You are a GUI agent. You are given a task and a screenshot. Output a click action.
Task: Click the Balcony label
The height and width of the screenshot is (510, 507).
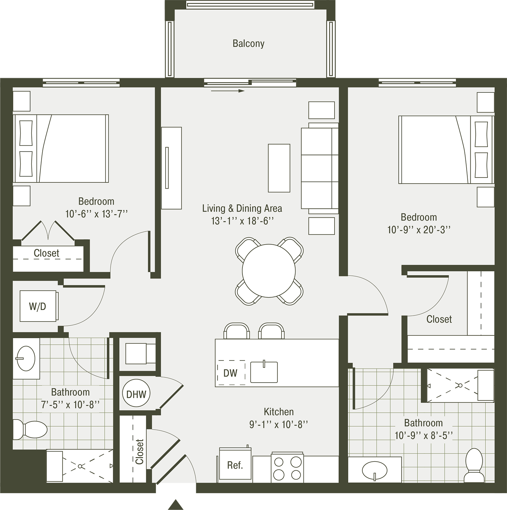point(248,43)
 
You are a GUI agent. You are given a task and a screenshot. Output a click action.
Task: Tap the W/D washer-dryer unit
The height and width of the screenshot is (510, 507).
point(39,306)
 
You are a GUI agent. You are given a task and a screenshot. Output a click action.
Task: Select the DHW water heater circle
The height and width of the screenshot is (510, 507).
point(136,394)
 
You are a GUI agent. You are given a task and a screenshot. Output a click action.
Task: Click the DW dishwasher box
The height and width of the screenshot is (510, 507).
point(231,373)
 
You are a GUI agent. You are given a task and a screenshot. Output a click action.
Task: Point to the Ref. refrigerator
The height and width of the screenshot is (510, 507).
point(235,465)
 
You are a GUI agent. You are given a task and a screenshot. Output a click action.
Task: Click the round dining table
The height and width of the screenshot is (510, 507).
point(268,270)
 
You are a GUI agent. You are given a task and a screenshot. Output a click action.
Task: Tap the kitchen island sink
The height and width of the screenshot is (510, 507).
point(264,372)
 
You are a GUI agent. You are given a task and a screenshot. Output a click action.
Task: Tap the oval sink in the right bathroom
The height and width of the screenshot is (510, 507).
point(374,470)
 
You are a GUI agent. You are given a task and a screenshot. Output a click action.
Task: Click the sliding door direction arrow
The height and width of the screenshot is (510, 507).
point(228,91)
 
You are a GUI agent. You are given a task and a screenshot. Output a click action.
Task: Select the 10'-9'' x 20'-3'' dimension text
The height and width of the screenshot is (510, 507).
point(419,230)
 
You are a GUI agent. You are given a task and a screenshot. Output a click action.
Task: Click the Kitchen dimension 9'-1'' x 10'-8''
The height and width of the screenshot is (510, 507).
point(279,424)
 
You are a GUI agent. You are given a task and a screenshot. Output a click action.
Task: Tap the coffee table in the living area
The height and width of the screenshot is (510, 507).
point(279,168)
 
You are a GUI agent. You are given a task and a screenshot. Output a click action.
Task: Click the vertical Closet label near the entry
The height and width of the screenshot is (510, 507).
point(139,452)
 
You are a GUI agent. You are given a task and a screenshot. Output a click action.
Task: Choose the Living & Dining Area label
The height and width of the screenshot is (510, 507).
point(242,208)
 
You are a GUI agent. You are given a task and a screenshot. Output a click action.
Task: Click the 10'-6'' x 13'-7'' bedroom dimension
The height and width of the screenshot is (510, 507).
point(96,213)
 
